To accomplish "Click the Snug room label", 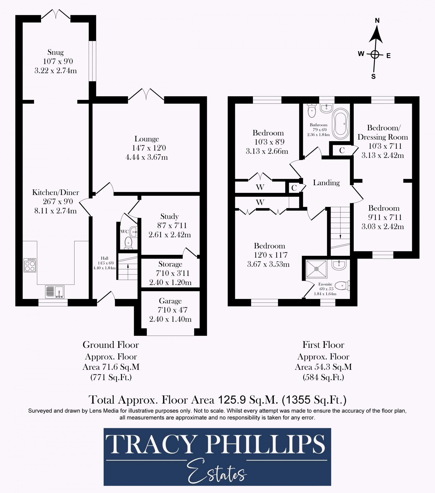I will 55,52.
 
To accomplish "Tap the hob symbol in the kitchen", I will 30,265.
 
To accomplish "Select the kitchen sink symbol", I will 55,292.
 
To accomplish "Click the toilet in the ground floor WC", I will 128,242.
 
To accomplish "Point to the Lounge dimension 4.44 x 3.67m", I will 147,157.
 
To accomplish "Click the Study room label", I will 169,216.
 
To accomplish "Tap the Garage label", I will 170,301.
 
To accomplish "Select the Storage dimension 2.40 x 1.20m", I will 170,282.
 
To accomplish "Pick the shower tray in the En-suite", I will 316,269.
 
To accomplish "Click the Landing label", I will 326,183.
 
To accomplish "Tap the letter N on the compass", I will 377,21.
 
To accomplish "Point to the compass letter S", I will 374,77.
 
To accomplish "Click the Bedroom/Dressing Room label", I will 383,132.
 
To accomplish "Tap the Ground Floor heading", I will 111,345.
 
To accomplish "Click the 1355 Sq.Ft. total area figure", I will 314,400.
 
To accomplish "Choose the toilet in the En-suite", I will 341,285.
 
